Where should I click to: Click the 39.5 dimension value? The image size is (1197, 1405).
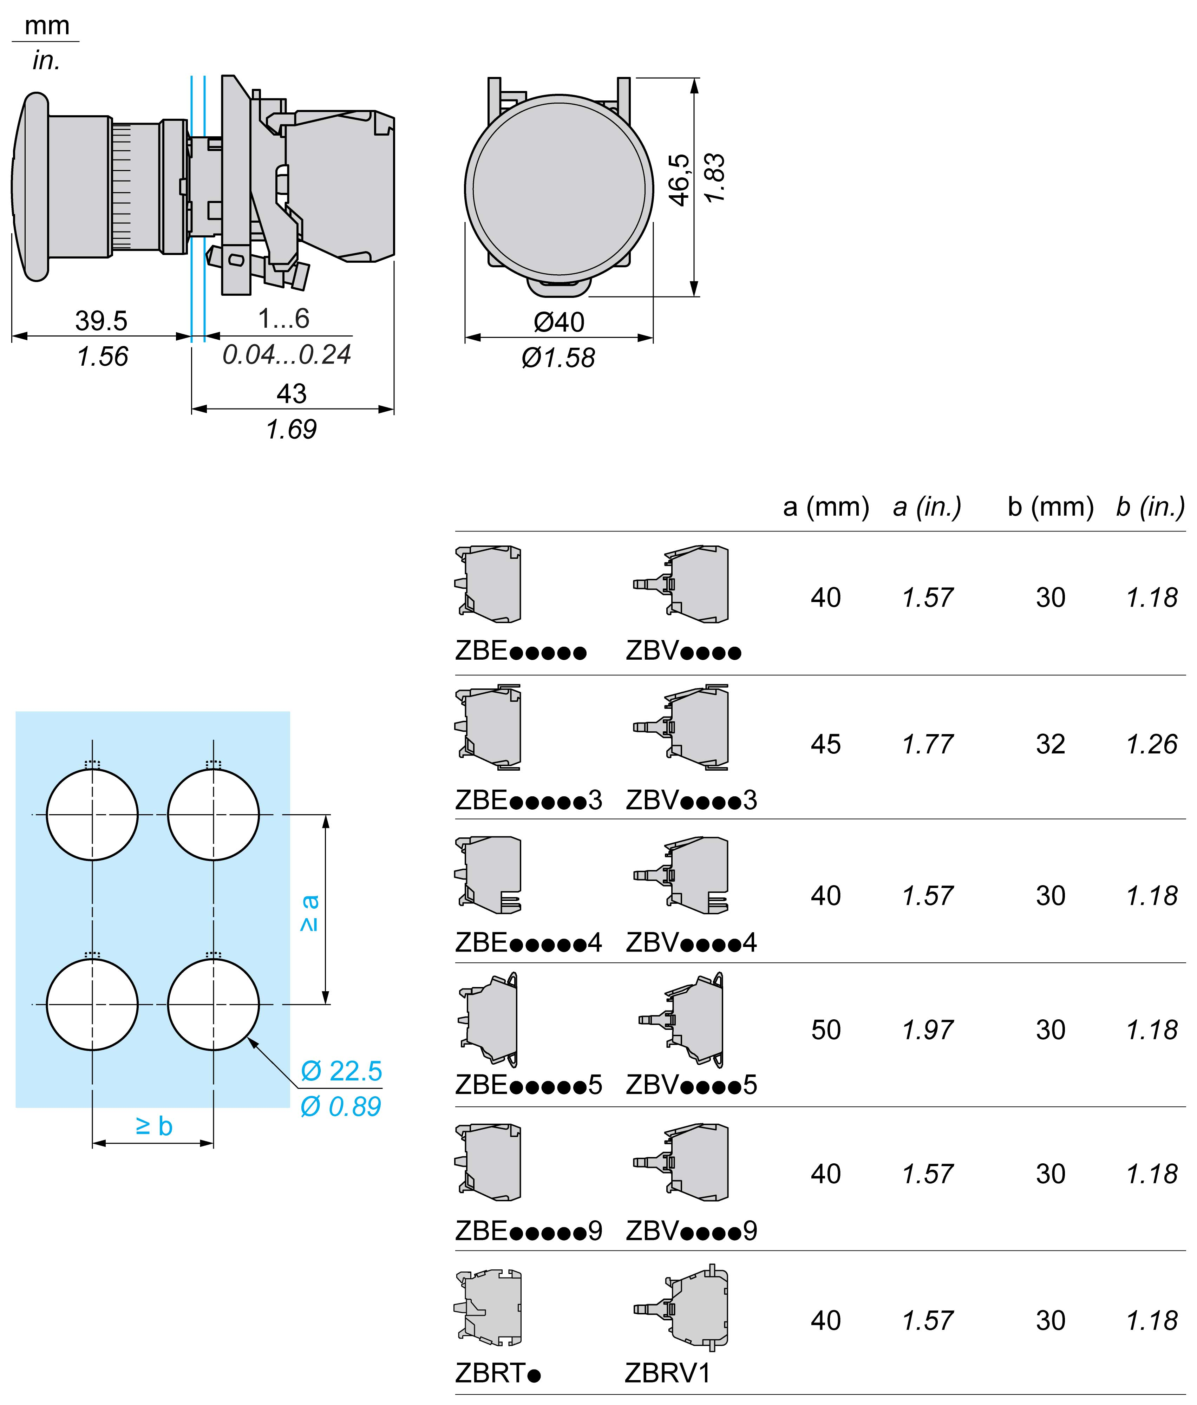(x=101, y=321)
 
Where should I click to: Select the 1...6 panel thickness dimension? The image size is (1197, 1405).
(x=283, y=318)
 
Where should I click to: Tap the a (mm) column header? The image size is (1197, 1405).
(x=825, y=507)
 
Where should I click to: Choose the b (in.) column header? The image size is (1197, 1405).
(x=1150, y=507)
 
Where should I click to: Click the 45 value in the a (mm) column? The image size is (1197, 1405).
(x=825, y=744)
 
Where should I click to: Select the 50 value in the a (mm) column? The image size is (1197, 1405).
(x=825, y=1030)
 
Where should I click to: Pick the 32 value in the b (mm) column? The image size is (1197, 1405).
(x=1050, y=744)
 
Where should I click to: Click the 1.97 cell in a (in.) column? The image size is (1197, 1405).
(x=927, y=1030)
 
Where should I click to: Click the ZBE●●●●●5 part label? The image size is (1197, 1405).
(x=528, y=1084)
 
